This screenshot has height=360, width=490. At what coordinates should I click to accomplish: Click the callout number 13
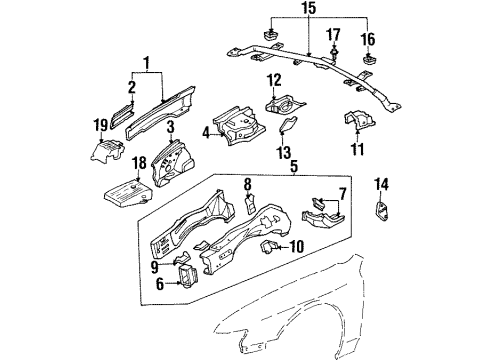285,153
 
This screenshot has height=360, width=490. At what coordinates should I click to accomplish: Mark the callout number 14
381,182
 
